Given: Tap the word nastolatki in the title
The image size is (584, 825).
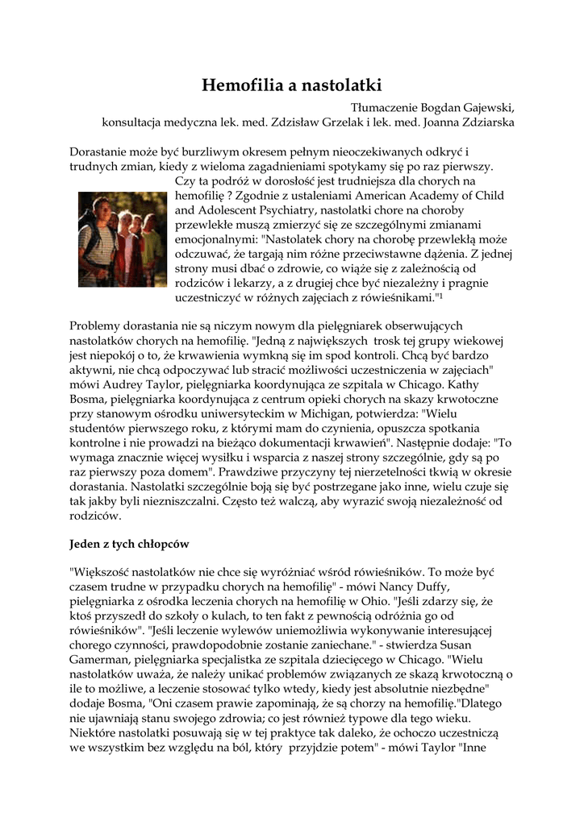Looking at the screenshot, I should point(339,85).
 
